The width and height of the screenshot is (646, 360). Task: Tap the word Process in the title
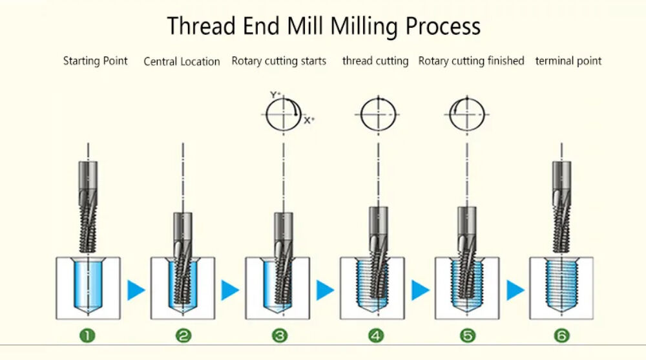pos(443,26)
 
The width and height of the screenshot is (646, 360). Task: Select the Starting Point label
pos(95,61)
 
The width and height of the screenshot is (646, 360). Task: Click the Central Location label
pos(182,61)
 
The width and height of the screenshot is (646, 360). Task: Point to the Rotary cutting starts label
pos(278,61)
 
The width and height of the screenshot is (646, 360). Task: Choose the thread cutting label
pos(375,61)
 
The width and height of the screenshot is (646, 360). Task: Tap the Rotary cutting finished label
pos(471,61)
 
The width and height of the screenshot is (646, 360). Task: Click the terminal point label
pos(568,61)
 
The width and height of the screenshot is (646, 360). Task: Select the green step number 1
pos(87,335)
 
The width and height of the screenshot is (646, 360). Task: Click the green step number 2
pos(183,335)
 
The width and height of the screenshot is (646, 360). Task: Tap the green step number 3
pos(279,335)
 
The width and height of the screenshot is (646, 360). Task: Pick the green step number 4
pos(376,335)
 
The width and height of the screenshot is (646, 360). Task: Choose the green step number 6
pos(562,335)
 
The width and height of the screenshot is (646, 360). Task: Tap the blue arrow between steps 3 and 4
pos(325,290)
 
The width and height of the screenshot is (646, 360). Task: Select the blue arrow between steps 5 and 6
pos(515,290)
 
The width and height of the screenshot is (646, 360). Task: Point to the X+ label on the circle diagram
pos(309,120)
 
